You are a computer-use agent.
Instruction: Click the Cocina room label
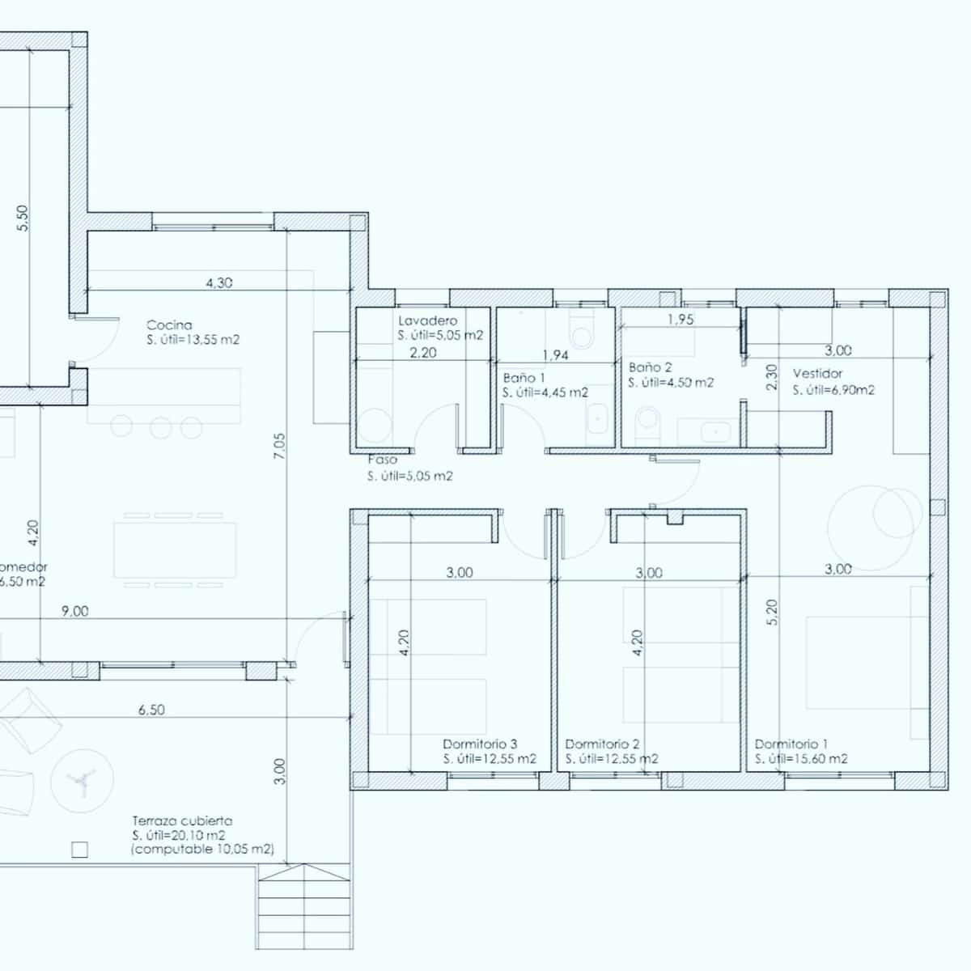pos(169,325)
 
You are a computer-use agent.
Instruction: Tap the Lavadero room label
pos(427,321)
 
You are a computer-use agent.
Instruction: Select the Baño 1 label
pos(524,378)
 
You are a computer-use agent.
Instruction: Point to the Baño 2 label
pos(650,367)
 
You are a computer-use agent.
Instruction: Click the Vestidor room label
pos(817,374)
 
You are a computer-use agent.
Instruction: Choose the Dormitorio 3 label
pos(480,744)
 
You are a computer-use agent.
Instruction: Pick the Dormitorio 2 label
pos(603,744)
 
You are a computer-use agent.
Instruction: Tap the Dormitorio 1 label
pos(791,744)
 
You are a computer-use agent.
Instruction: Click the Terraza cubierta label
pos(182,820)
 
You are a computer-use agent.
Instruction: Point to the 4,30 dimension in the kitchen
pos(219,283)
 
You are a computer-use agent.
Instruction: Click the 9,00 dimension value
pos(74,612)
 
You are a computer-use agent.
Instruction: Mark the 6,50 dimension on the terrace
pos(151,710)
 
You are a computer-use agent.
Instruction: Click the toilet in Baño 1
pos(580,331)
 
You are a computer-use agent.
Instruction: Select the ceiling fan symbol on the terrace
pos(80,779)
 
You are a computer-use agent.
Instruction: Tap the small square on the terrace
pos(78,850)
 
